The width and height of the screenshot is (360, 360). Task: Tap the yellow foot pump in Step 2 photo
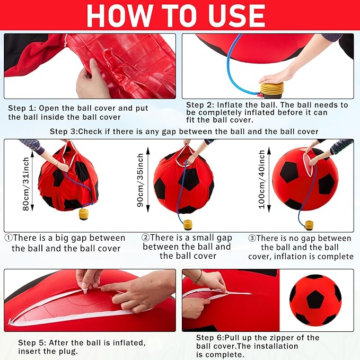coord(271,88)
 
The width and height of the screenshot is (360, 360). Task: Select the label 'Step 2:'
coord(200,105)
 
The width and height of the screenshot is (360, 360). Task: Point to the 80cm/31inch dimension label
coord(26,183)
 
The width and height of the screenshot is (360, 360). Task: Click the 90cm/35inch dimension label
coord(141,181)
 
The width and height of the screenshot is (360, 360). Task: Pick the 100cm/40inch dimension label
coord(262,178)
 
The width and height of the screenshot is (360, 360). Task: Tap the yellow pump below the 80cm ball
coord(83,214)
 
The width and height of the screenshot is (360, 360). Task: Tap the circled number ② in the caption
coord(145,238)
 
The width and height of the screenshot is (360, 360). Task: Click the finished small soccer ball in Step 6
coord(315,300)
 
